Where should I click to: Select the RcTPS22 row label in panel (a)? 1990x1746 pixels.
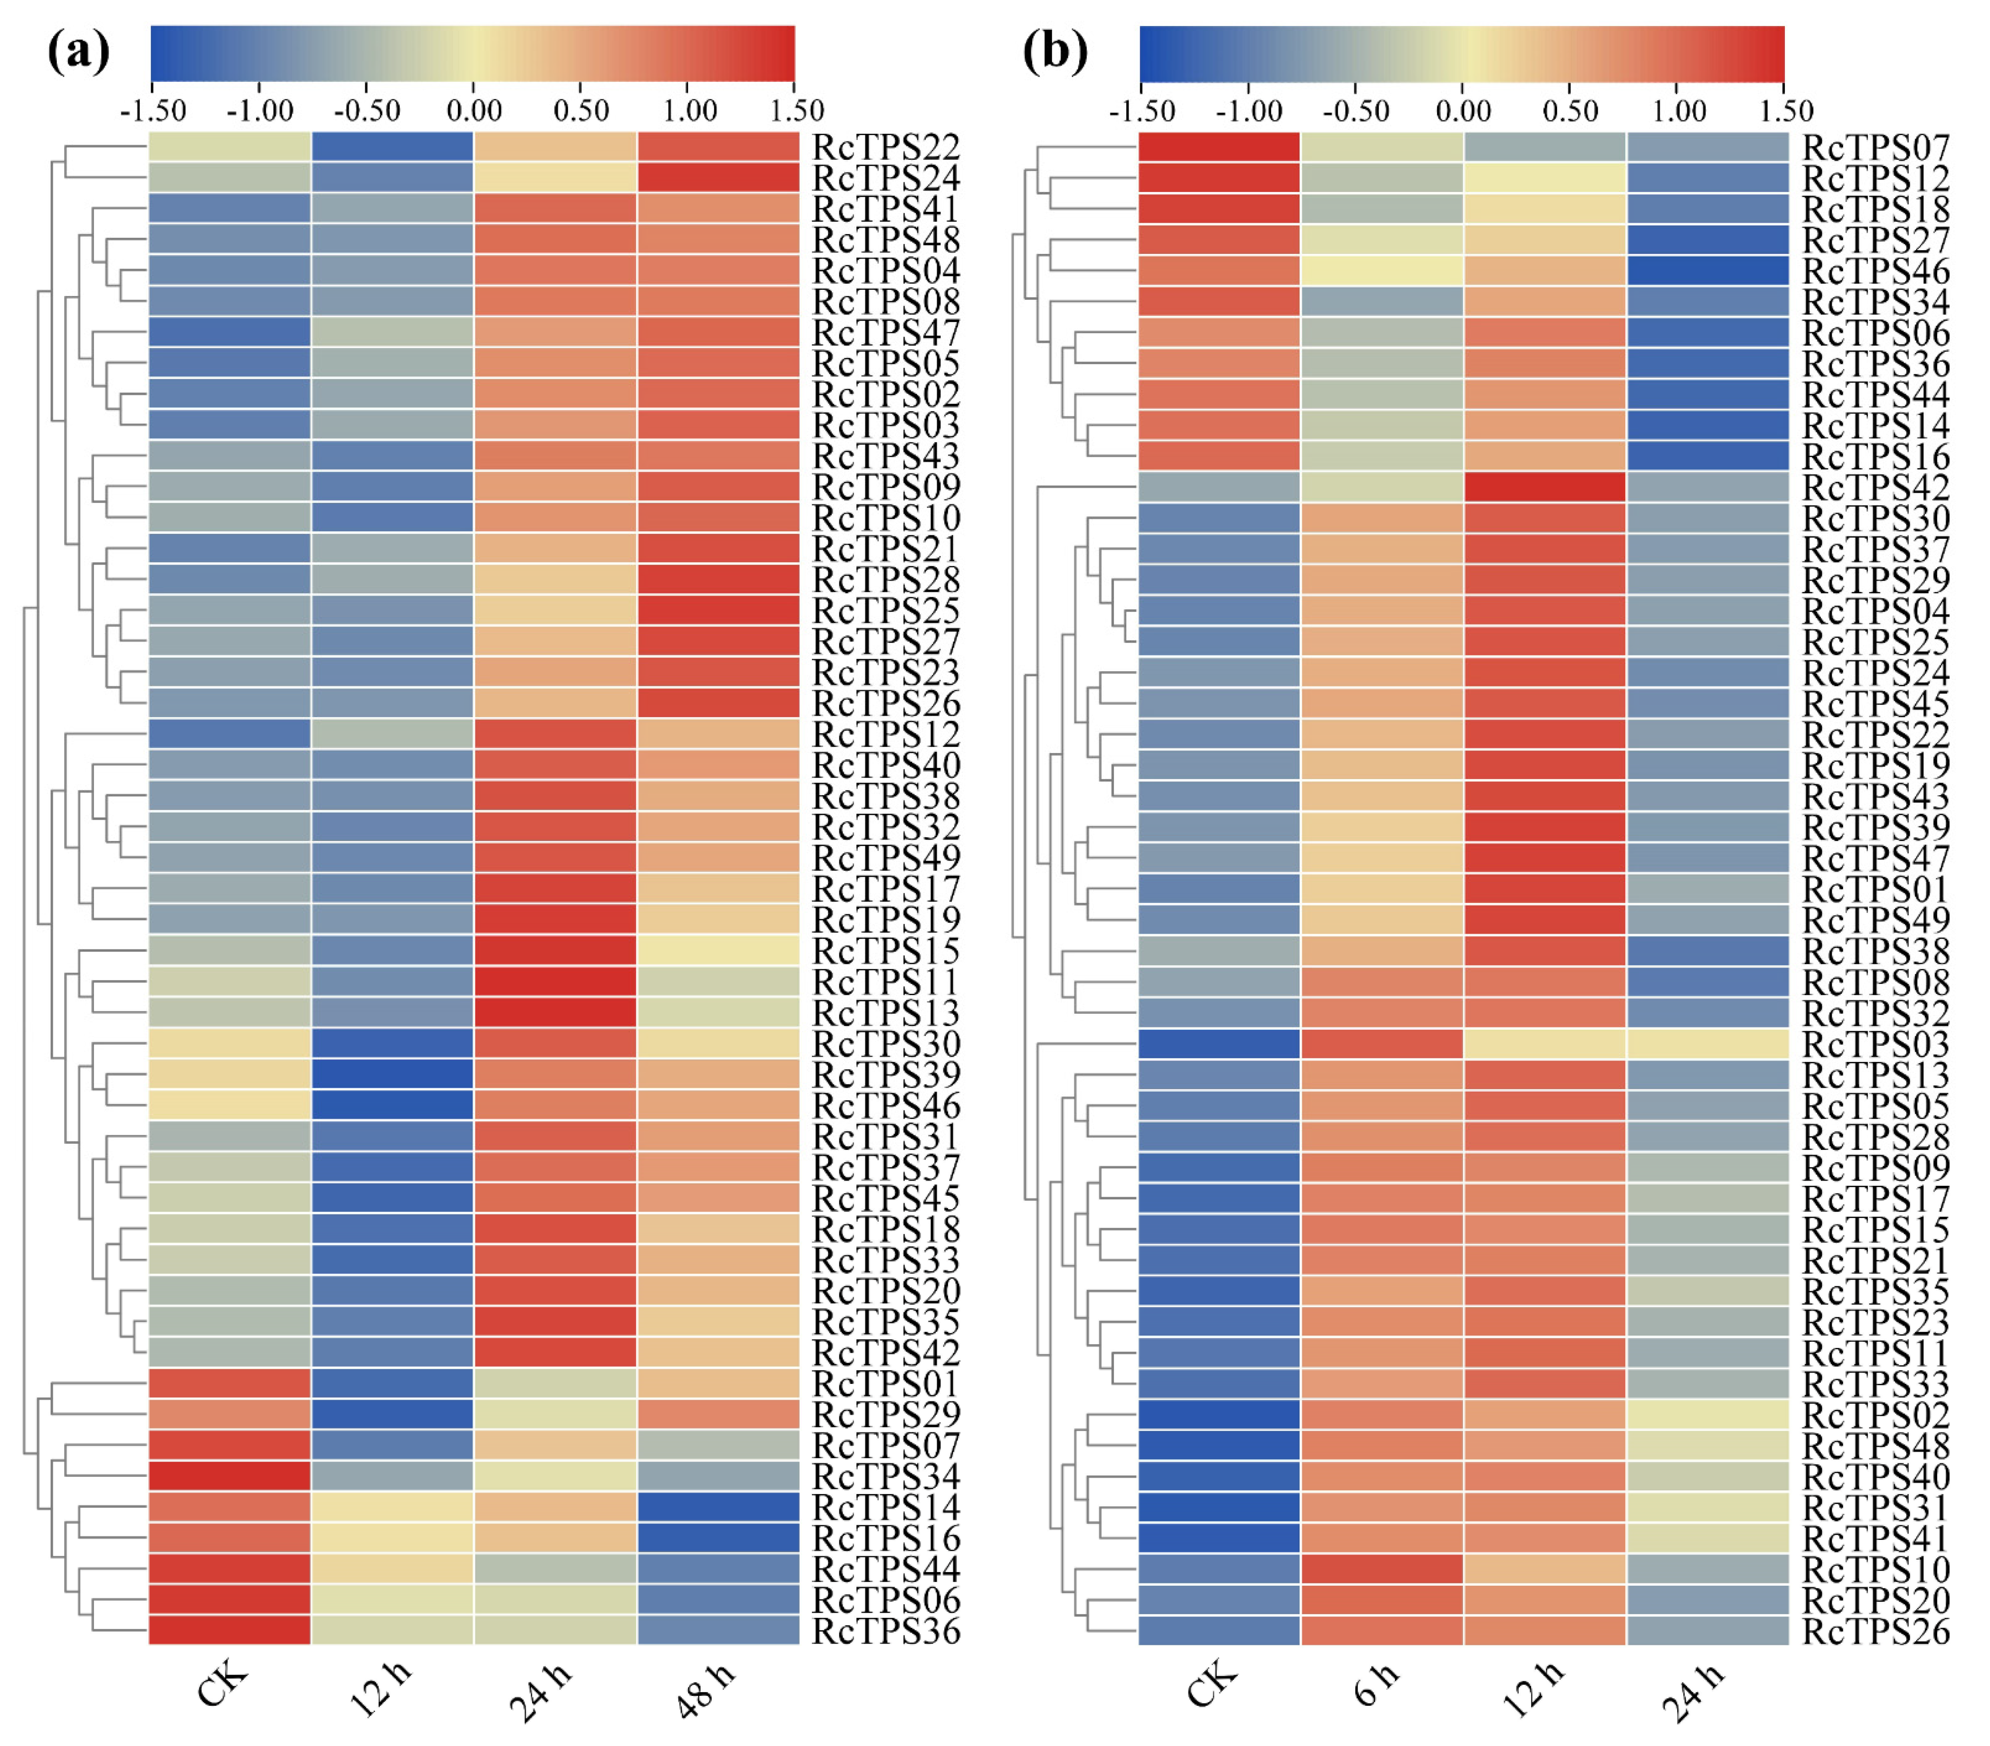[886, 147]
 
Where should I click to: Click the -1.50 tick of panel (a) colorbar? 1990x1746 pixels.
[153, 110]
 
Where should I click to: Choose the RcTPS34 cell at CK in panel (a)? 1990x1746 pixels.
[230, 1476]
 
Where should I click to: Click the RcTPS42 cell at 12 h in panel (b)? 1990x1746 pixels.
[1544, 487]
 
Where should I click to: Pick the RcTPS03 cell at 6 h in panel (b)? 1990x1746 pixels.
[1381, 1044]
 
